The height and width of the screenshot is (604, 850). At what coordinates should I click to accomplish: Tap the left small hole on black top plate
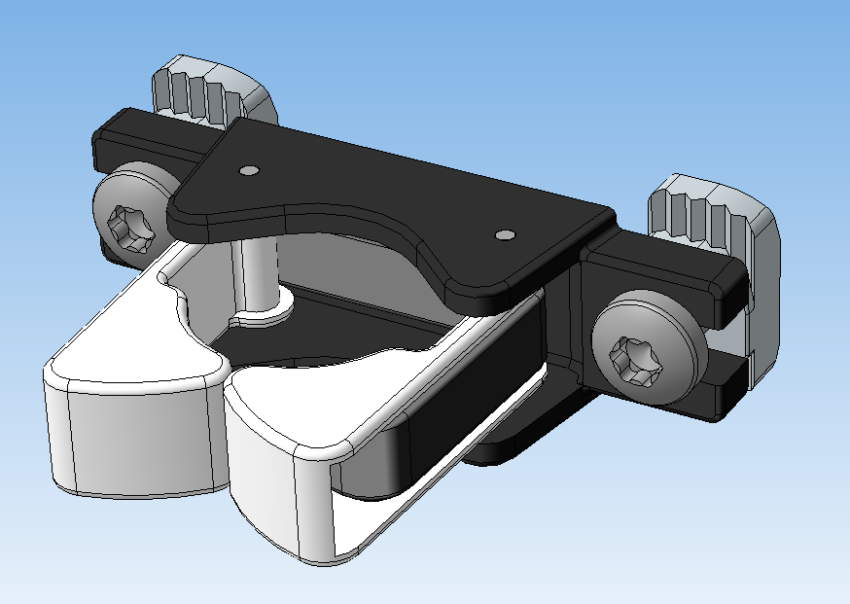[249, 170]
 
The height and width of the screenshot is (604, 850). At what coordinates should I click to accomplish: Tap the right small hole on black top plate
[504, 234]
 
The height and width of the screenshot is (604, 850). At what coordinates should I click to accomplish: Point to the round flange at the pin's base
[261, 311]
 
